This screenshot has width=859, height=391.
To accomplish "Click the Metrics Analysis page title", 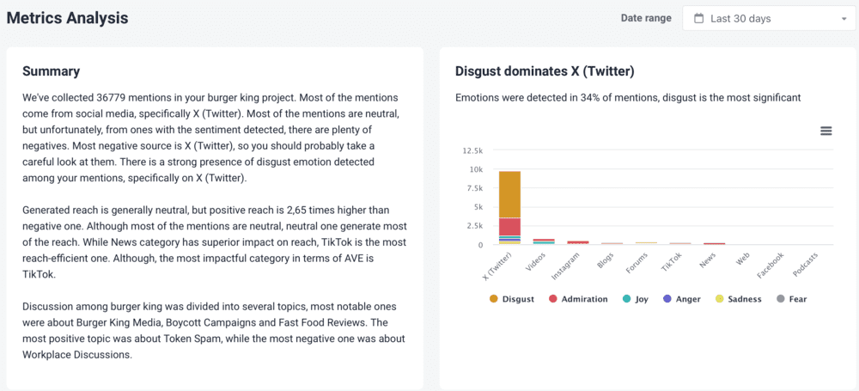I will point(67,17).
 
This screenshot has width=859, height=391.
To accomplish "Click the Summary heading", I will point(51,71).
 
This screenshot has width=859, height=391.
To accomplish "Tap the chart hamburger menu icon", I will point(825,131).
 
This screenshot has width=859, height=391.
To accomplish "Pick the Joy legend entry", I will point(636,299).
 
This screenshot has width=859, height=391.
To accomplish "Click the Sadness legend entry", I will point(739,299).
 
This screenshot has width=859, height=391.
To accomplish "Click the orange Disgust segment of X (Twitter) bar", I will point(509,194).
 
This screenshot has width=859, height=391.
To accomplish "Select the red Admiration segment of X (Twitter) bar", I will point(509,226).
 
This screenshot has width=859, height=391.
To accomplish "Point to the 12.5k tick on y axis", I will point(472,150).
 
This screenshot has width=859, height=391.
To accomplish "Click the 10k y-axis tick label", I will point(476,169).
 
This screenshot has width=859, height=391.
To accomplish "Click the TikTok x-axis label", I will point(672,261).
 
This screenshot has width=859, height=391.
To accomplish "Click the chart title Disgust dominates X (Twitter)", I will point(545,71).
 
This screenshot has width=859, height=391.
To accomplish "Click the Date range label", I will point(646,18).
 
